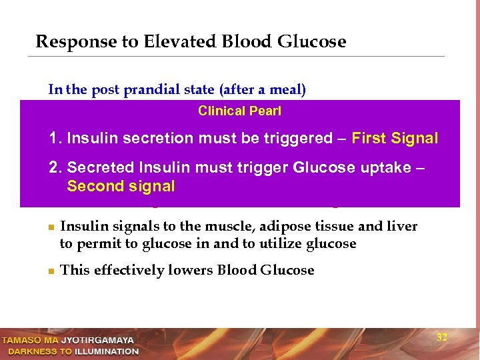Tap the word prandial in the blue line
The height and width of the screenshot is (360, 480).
(x=146, y=89)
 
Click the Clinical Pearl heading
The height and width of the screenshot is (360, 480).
(x=239, y=111)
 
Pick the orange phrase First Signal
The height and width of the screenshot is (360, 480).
(x=395, y=139)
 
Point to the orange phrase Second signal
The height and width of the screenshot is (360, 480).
(x=121, y=187)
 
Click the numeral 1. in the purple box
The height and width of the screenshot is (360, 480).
(x=55, y=139)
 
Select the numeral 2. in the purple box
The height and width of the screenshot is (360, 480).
(x=56, y=167)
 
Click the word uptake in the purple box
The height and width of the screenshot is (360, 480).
(x=385, y=167)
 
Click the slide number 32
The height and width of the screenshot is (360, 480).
(x=441, y=337)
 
